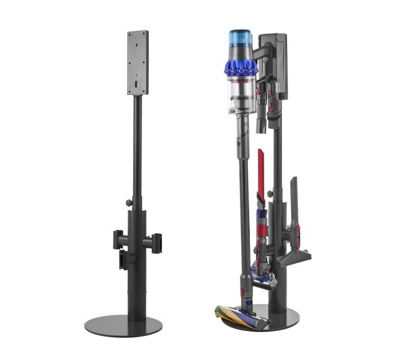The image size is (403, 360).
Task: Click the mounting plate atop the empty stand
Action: (138, 62)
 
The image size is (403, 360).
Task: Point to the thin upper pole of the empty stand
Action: (138, 149)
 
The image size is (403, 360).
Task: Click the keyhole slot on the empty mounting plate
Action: (136, 82)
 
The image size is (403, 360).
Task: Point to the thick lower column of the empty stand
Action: (137, 260)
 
